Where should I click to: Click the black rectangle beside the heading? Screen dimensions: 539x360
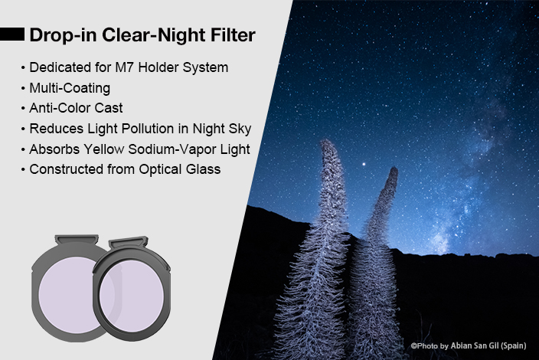pyautogui.click(x=12, y=34)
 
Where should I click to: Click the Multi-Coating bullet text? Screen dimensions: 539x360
pyautogui.click(x=70, y=88)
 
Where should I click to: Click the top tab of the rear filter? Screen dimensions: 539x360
pyautogui.click(x=77, y=240)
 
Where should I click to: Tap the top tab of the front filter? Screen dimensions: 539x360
pyautogui.click(x=129, y=242)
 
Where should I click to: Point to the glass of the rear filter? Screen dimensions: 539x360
pyautogui.click(x=69, y=295)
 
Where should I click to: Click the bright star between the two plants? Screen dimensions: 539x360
pyautogui.click(x=364, y=165)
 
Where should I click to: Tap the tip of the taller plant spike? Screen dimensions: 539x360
pyautogui.click(x=325, y=141)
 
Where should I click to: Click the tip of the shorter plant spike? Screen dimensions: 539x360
pyautogui.click(x=394, y=169)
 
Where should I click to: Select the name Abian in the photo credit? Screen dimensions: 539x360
pyautogui.click(x=461, y=345)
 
